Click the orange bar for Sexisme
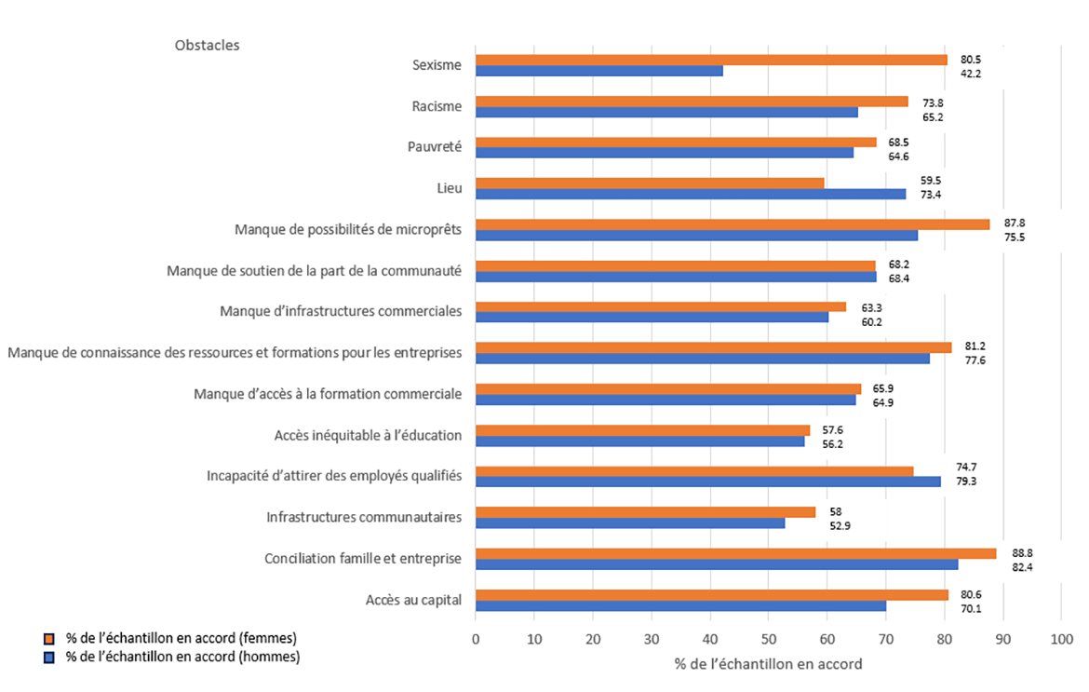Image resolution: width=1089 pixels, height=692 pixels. click(x=711, y=60)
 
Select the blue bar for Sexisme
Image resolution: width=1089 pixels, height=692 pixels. click(x=599, y=71)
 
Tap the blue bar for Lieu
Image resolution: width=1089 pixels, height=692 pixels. click(x=691, y=194)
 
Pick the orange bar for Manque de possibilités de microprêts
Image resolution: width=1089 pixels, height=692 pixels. click(x=733, y=224)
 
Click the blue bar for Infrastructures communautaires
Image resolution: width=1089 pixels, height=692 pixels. click(x=630, y=522)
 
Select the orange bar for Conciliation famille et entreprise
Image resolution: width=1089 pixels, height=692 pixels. click(x=735, y=553)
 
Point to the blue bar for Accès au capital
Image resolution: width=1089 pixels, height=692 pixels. click(x=680, y=605)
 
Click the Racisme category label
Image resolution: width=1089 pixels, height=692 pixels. click(x=437, y=106)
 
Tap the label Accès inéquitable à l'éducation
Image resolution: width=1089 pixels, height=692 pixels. click(x=368, y=435)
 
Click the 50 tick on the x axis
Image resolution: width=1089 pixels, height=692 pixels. click(x=769, y=640)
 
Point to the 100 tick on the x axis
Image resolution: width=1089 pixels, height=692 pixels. click(x=1061, y=640)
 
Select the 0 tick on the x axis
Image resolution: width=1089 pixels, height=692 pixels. click(x=476, y=640)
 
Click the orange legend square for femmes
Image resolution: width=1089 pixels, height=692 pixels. click(x=49, y=639)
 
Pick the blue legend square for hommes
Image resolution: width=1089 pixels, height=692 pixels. click(x=49, y=657)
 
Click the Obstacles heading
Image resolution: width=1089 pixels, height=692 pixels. click(x=207, y=45)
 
